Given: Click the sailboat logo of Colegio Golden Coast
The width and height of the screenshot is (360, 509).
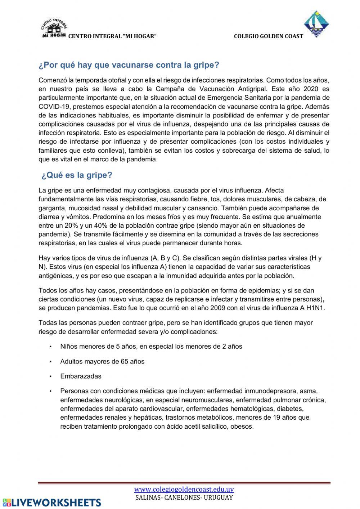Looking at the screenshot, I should [316, 24].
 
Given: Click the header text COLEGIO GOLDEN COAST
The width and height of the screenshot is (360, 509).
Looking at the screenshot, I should [268, 36].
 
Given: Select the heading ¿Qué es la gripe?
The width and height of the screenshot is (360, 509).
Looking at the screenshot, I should [77, 175].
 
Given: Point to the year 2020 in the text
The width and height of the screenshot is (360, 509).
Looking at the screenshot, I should [311, 89].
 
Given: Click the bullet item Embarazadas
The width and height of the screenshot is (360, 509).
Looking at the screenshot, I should [81, 376].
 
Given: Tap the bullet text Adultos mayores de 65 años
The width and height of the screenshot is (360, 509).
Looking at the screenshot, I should [102, 361].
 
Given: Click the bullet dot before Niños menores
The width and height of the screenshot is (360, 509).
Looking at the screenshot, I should [51, 347].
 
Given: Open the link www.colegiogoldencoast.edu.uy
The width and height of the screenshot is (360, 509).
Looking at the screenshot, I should [184, 490].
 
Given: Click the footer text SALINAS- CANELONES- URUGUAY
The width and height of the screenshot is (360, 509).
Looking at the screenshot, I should [184, 497].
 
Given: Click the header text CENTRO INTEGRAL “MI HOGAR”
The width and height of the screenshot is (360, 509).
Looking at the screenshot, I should [112, 36].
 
